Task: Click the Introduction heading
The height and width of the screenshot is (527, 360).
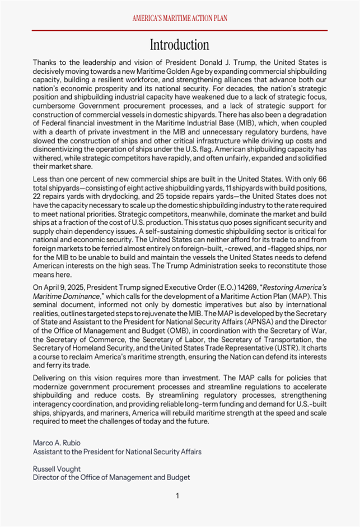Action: click(180, 45)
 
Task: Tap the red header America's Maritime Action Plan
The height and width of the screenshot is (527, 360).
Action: click(180, 18)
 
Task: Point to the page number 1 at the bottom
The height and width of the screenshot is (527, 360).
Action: click(177, 496)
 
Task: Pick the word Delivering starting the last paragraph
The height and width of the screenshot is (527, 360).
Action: click(50, 378)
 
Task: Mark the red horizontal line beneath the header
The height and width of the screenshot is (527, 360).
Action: click(180, 30)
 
